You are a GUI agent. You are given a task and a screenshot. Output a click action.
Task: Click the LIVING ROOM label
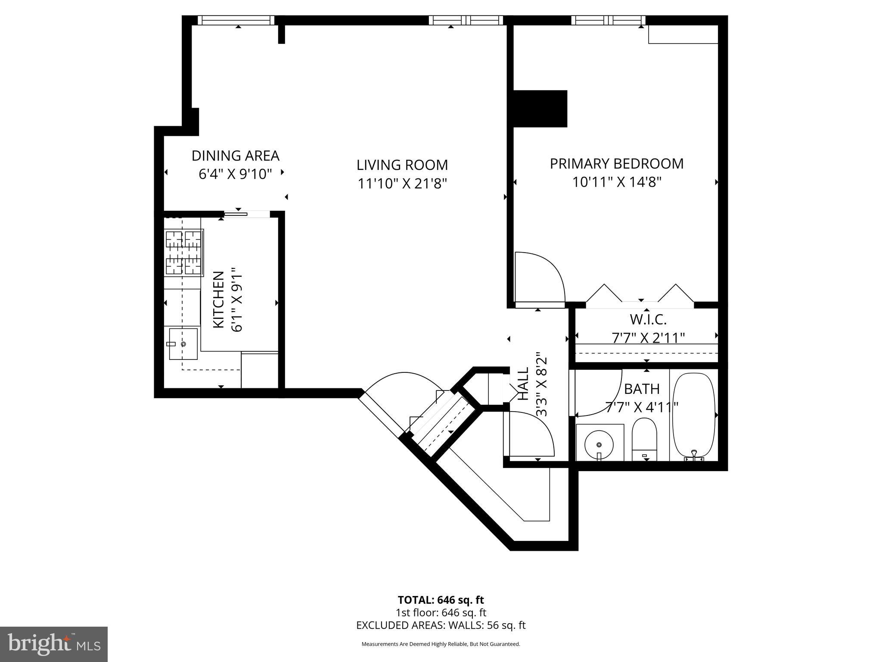(x=402, y=165)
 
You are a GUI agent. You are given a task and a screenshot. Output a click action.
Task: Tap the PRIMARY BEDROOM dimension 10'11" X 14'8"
(x=616, y=182)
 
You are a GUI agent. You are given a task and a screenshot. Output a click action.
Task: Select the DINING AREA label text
(x=235, y=156)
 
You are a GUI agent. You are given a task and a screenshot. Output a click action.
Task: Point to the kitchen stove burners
(x=184, y=252)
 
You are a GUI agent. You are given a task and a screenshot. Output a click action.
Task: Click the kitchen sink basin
(x=183, y=344)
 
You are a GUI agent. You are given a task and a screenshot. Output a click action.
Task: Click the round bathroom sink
(x=599, y=443)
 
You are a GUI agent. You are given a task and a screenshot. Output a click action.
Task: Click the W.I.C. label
(x=648, y=319)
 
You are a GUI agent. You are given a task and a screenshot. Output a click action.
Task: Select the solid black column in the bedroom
(x=540, y=109)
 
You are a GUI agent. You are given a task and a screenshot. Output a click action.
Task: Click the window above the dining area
(x=236, y=20)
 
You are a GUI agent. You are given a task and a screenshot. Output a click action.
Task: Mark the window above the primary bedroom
(x=609, y=20)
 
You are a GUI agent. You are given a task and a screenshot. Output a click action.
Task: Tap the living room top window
(x=466, y=20)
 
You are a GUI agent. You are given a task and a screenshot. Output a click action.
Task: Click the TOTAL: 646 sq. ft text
(x=441, y=600)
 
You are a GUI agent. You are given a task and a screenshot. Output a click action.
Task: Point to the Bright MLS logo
(x=54, y=644)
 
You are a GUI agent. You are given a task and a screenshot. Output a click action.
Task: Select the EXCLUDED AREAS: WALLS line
(x=441, y=625)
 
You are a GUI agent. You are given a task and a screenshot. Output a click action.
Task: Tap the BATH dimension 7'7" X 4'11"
(x=642, y=406)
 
